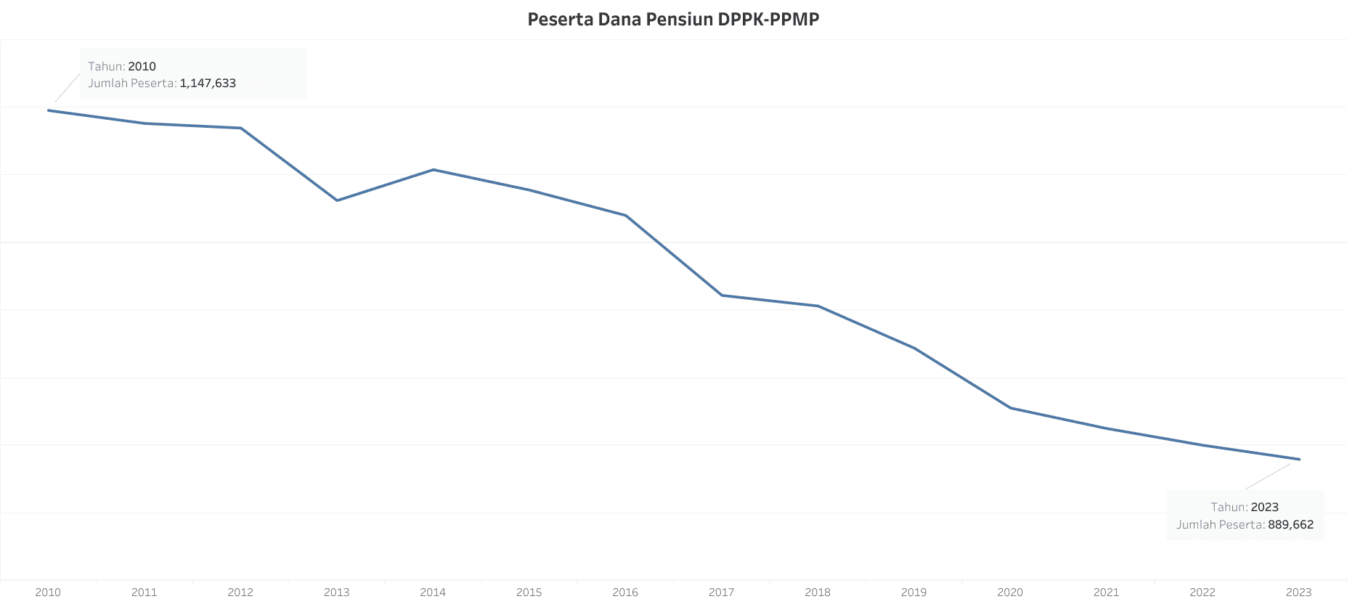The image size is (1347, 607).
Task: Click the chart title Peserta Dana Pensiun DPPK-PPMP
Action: (673, 20)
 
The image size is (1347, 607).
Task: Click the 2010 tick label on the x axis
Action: (48, 592)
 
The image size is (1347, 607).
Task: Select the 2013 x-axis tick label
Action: (336, 592)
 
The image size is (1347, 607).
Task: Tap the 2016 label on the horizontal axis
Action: (625, 592)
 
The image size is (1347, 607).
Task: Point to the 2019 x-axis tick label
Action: (913, 592)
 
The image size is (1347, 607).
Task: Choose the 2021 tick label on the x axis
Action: (1106, 592)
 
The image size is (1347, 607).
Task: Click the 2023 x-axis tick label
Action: (1298, 592)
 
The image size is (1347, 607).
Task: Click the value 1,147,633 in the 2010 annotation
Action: (208, 83)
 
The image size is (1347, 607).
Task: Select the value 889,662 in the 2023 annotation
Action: (1290, 525)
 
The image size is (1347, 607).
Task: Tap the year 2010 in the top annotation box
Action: (142, 67)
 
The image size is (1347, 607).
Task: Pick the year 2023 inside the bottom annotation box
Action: (1264, 508)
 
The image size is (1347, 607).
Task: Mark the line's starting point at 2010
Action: (49, 110)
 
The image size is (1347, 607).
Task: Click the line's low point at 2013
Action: (337, 200)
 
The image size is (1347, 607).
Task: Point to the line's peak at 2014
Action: (434, 170)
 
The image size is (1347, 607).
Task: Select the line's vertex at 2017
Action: (722, 296)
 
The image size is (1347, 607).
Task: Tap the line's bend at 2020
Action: (1011, 408)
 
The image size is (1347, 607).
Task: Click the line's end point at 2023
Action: (1299, 460)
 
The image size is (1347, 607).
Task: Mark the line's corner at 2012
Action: (241, 129)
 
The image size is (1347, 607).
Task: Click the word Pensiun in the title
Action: (680, 20)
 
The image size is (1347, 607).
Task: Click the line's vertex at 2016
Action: (626, 216)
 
